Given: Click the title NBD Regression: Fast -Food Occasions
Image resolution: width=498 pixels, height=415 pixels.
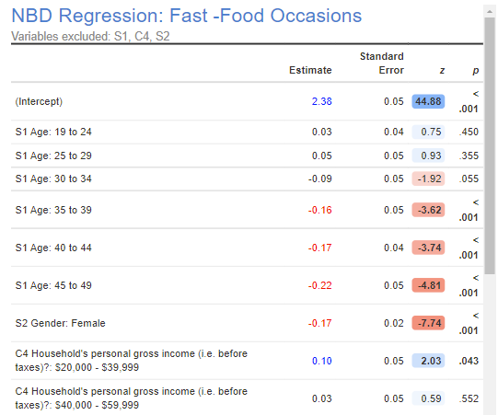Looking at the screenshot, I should (186, 16).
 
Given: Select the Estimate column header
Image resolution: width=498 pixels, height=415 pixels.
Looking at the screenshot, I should (310, 70).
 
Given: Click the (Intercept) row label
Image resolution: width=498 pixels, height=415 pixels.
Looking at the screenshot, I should (39, 101).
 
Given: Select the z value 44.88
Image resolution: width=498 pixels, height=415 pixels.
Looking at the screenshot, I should (429, 101).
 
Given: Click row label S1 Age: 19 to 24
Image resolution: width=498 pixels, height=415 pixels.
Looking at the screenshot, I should (53, 132).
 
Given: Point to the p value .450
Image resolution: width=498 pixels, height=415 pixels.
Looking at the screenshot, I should (469, 132).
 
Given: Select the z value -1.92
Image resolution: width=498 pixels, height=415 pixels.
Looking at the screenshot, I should (429, 179).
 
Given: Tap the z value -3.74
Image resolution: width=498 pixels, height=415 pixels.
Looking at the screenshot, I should (429, 248).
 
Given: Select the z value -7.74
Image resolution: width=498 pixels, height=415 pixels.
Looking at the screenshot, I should (429, 323).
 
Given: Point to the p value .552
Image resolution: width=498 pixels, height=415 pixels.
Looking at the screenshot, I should (469, 398).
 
